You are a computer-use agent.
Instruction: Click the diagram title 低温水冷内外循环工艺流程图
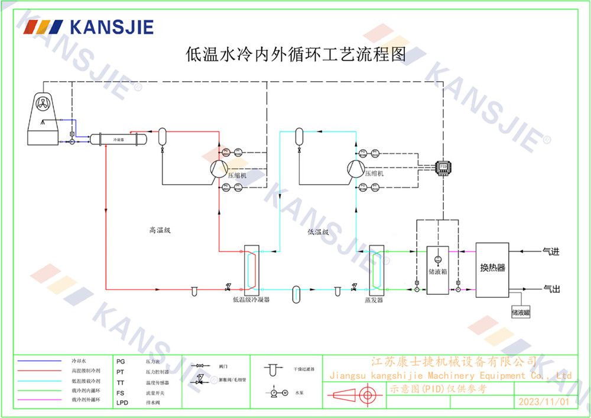[295, 55]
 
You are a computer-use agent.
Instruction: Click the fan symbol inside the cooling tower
[45, 104]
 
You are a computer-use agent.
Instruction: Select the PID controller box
[443, 167]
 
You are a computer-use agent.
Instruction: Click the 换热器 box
[492, 268]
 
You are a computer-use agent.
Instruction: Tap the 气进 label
[551, 252]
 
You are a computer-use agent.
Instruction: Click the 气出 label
[551, 288]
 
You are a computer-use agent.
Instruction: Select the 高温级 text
[160, 230]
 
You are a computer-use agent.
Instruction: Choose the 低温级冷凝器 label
[251, 300]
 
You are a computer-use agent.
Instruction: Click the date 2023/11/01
[543, 401]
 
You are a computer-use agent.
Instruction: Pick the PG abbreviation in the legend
[121, 361]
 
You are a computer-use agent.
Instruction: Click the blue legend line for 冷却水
[39, 361]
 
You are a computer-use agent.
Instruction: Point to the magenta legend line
[39, 400]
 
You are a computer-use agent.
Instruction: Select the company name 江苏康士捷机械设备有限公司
[453, 361]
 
